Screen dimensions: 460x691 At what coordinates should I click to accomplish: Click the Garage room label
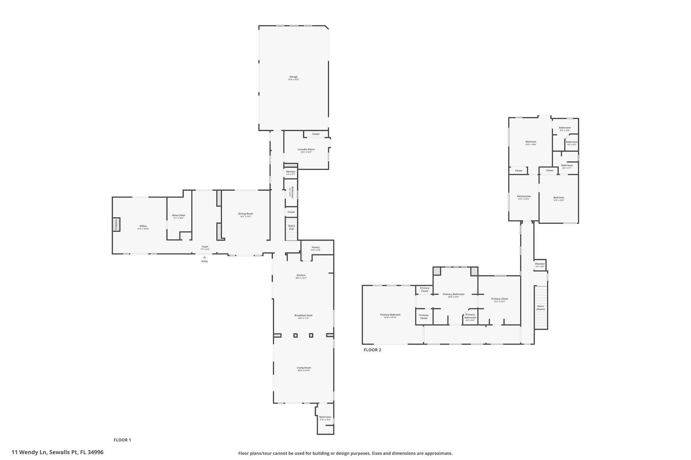pos(294,77)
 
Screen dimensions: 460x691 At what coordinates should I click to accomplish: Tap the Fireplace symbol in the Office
pos(116,224)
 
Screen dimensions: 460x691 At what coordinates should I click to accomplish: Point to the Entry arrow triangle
pos(204,257)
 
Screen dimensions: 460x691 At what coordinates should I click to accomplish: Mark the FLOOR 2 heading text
pos(372,350)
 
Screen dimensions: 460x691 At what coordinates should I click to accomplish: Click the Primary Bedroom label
pos(390,315)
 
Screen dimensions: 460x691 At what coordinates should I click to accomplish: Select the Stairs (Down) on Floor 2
pos(541,307)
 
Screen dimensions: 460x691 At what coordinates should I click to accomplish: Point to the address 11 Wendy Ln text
pos(57,452)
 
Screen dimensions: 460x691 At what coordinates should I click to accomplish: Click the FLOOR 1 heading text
pos(122,440)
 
